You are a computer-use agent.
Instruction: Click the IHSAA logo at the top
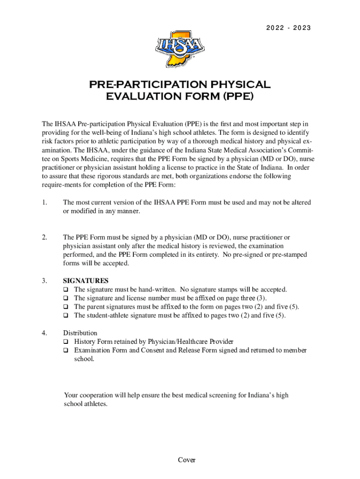click(180, 48)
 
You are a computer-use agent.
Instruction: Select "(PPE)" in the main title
click(238, 97)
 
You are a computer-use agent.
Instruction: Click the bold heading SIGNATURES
click(86, 281)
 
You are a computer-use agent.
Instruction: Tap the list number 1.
click(44, 203)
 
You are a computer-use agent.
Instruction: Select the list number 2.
click(44, 238)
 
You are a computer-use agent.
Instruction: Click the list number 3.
click(44, 281)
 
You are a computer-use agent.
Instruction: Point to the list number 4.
click(44, 333)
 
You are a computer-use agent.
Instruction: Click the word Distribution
click(80, 333)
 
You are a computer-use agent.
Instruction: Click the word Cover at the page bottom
click(187, 460)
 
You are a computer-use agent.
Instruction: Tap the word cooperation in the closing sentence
click(98, 395)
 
